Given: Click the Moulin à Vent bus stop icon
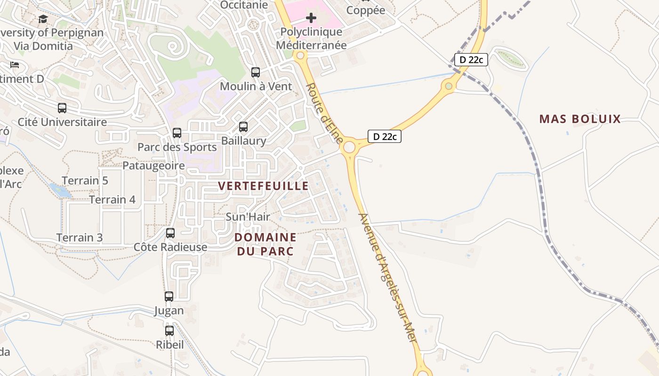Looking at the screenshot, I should [256, 72].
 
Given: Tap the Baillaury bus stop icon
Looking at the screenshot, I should [243, 127].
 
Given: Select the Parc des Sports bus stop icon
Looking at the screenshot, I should [177, 133].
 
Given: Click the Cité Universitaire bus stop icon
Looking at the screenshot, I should [62, 108].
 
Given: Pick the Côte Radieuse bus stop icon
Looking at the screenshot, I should [170, 233].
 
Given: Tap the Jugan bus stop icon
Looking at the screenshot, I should [169, 297].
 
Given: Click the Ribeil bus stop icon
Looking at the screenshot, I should [169, 331].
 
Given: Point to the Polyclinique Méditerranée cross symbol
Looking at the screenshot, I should [311, 18].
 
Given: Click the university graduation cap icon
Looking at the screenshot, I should [43, 19].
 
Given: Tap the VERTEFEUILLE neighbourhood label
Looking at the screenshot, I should [264, 186].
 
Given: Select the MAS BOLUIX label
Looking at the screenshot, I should [580, 119].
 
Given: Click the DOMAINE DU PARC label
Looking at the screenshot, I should [265, 244].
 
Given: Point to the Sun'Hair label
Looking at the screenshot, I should [248, 217].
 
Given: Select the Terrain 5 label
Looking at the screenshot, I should [85, 180].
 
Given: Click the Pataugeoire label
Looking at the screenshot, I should [153, 165].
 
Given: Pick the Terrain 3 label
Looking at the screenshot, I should [80, 237].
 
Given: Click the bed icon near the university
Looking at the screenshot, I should [15, 64].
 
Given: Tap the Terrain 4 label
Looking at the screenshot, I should [113, 200].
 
